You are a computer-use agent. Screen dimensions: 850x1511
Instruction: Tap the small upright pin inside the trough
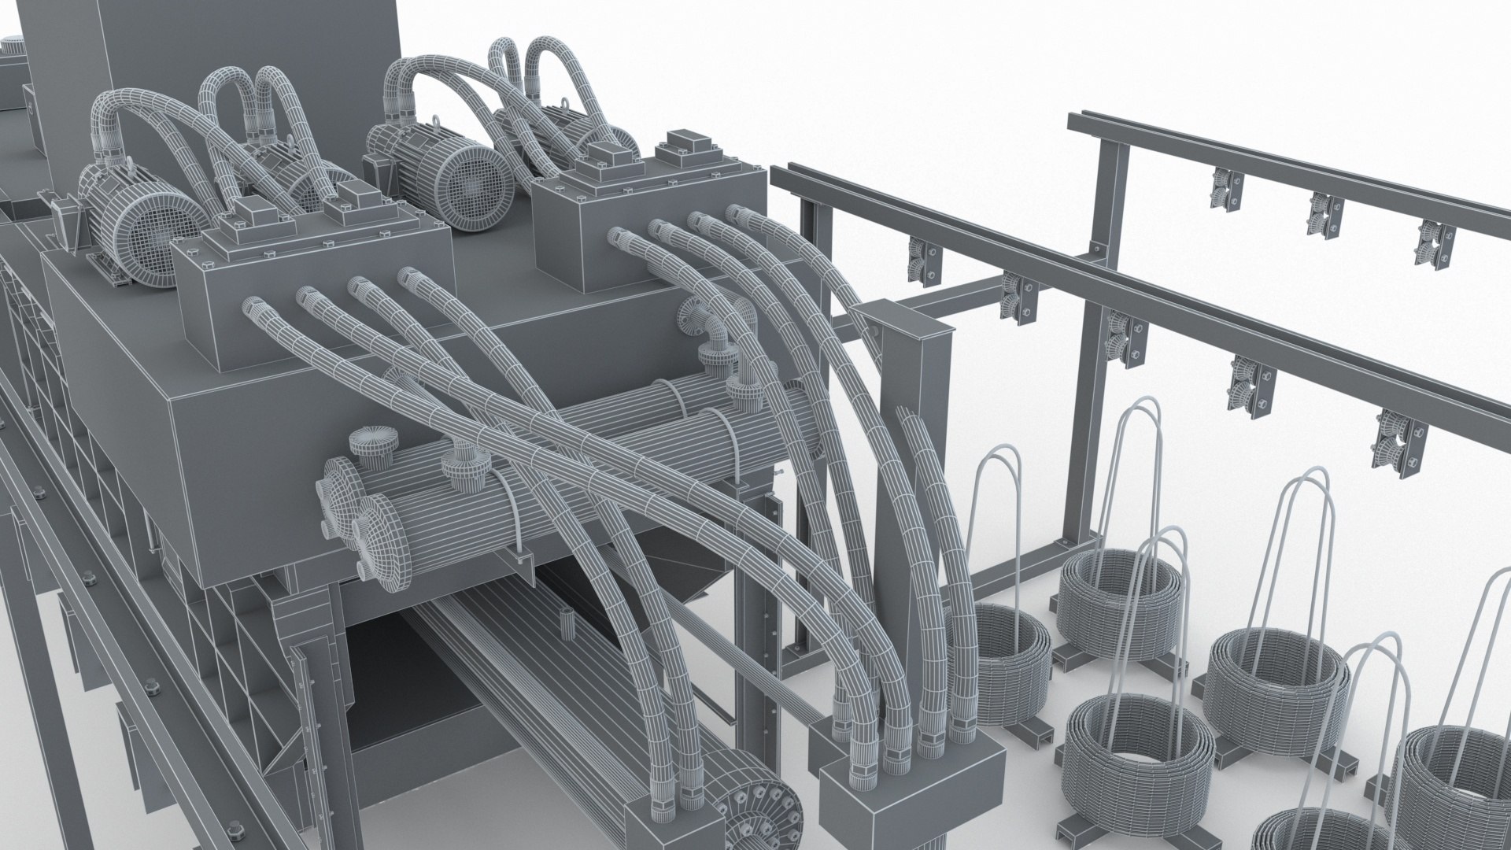[x=565, y=623]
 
